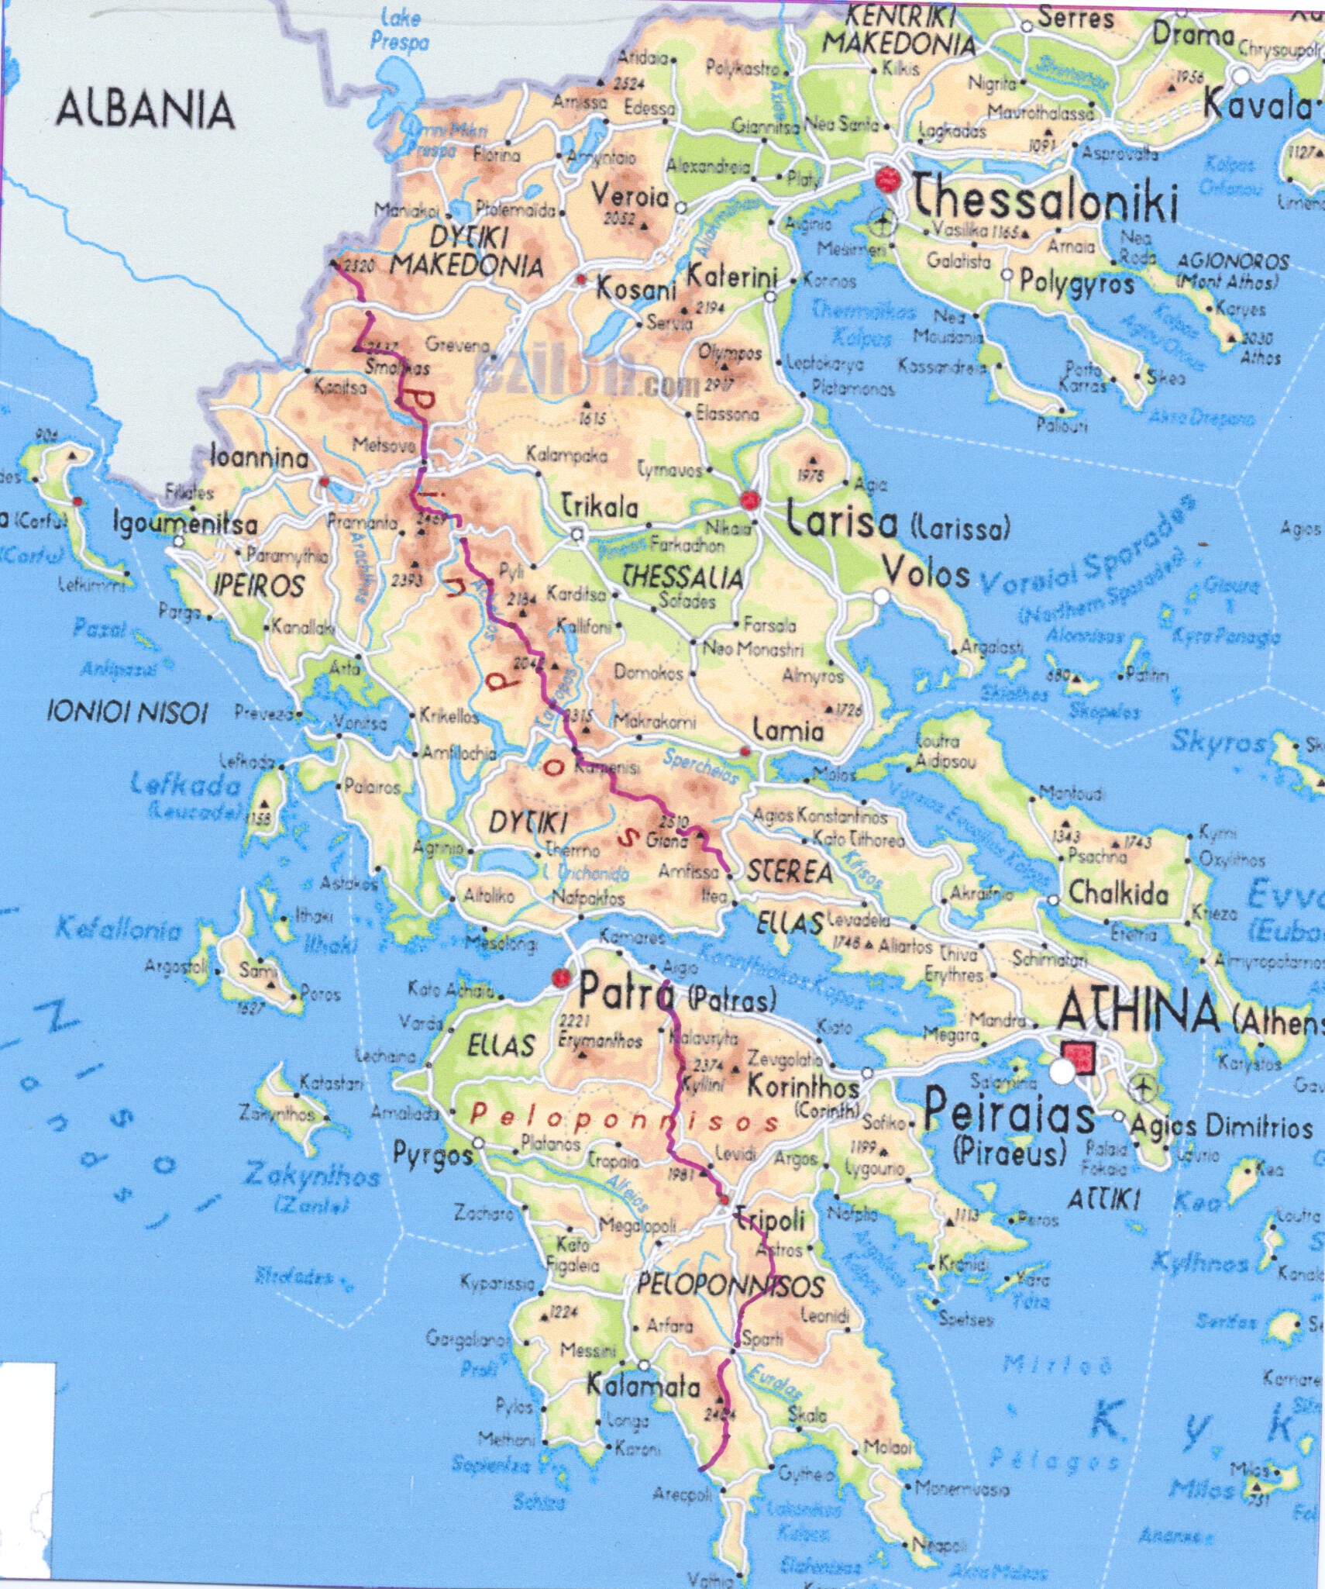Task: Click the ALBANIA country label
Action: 146,110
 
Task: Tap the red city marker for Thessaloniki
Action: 887,180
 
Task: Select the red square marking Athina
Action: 1079,1057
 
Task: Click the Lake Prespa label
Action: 400,29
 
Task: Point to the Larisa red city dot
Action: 749,500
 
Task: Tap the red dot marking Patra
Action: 561,977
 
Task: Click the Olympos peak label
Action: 729,353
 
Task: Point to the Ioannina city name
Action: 259,457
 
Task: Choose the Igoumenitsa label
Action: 186,523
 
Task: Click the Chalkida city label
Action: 1118,894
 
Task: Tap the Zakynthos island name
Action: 311,1175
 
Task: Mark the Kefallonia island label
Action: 119,928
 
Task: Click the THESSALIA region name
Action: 683,577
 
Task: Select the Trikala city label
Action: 600,507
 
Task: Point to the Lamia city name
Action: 788,730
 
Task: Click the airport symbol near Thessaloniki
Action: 882,225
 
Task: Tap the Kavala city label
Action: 1261,105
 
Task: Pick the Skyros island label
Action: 1217,742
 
